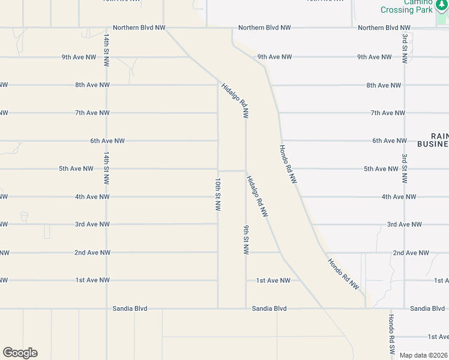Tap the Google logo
pyautogui.click(x=20, y=353)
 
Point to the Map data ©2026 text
pyautogui.click(x=423, y=355)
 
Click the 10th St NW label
pyautogui.click(x=218, y=194)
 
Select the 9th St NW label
pyautogui.click(x=246, y=239)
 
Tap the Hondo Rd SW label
pyautogui.click(x=391, y=334)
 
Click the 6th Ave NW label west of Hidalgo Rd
pyautogui.click(x=107, y=141)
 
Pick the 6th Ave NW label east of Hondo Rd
pyautogui.click(x=389, y=140)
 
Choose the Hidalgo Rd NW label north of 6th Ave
pyautogui.click(x=235, y=100)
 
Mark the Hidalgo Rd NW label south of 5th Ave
pyautogui.click(x=257, y=196)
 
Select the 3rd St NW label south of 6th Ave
pyautogui.click(x=405, y=169)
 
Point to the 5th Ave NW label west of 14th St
pyautogui.click(x=76, y=169)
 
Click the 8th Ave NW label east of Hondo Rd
pyautogui.click(x=384, y=85)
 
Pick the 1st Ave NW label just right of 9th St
pyautogui.click(x=273, y=280)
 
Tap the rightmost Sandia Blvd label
pyautogui.click(x=427, y=308)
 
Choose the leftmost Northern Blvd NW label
pyautogui.click(x=139, y=28)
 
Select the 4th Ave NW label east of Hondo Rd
pyautogui.click(x=399, y=197)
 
